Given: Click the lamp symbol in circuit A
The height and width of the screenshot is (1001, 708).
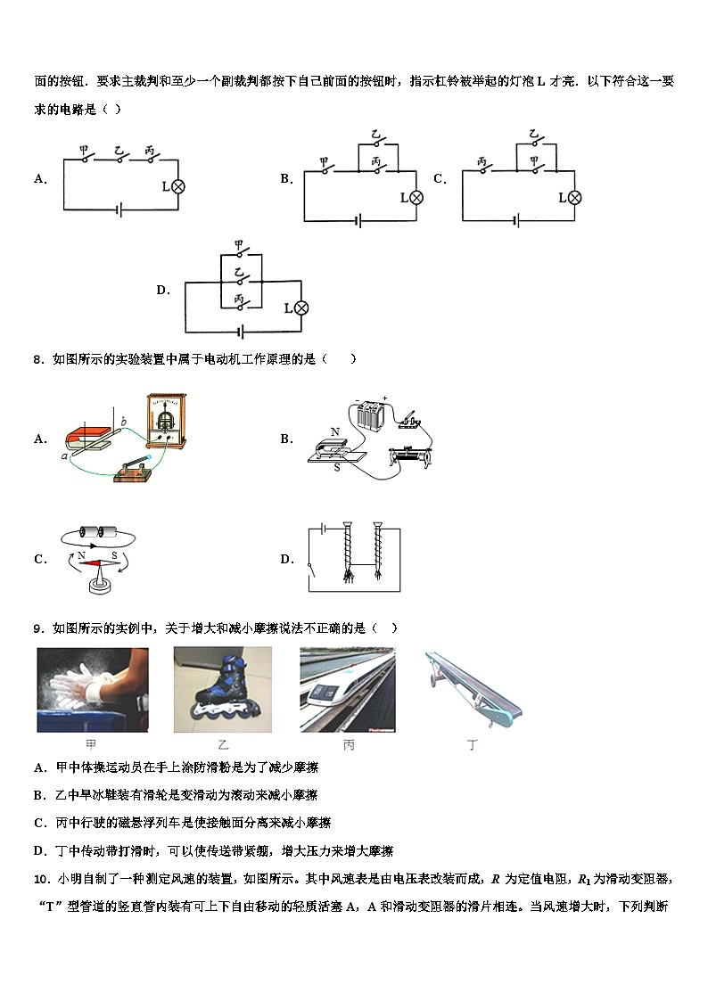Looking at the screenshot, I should [177, 186].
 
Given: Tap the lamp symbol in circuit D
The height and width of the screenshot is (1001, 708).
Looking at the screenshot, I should [301, 308].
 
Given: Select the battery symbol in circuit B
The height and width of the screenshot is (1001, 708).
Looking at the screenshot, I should [358, 220].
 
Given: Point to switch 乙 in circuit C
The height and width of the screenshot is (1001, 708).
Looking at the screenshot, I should [533, 142].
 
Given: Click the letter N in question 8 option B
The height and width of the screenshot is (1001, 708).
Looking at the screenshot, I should [335, 432].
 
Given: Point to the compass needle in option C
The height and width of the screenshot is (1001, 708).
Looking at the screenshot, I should [95, 561].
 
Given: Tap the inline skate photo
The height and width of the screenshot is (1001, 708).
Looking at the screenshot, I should [222, 690].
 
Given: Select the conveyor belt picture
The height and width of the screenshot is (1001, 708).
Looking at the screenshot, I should [473, 687].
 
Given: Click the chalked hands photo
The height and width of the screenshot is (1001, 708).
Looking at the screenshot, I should [92, 690].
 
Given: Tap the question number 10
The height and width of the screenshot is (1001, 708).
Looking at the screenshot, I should [41, 880].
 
